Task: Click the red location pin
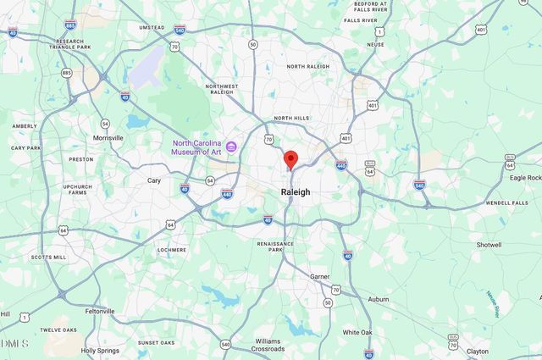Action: pyautogui.click(x=290, y=159)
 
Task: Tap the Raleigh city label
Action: pyautogui.click(x=296, y=192)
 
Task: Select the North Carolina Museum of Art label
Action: pyautogui.click(x=196, y=147)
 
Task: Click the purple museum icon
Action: pyautogui.click(x=230, y=147)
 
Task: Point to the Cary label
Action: pyautogui.click(x=154, y=180)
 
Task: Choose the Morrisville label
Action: pyautogui.click(x=108, y=137)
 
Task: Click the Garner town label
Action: pyautogui.click(x=319, y=276)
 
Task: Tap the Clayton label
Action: pyautogui.click(x=478, y=351)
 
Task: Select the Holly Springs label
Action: pyautogui.click(x=100, y=350)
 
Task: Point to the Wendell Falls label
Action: pyautogui.click(x=507, y=203)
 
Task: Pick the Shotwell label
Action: pyautogui.click(x=489, y=245)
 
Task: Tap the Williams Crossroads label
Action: pyautogui.click(x=268, y=345)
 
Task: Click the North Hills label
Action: pyautogui.click(x=290, y=119)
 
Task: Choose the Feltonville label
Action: pyautogui.click(x=100, y=311)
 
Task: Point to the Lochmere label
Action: pyautogui.click(x=172, y=250)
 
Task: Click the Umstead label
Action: pyautogui.click(x=152, y=27)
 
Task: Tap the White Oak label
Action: pyautogui.click(x=357, y=332)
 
